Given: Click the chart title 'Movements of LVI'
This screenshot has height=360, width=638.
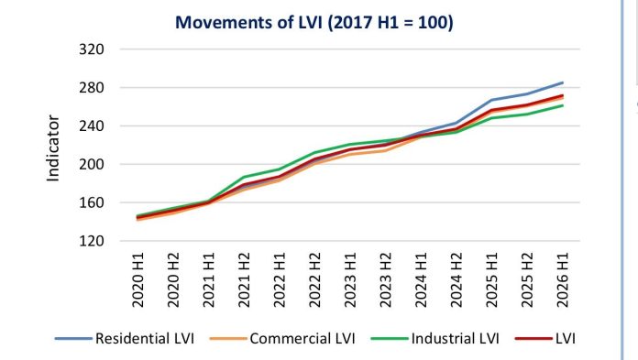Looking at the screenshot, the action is point(249,22).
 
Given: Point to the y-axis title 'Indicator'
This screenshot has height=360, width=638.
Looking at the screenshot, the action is point(53,148).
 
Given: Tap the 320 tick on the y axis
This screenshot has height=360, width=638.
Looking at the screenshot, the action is point(92,49).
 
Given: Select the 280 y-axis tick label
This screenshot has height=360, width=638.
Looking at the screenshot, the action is point(92,87).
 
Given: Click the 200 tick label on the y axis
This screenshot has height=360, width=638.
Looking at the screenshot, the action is point(92,164).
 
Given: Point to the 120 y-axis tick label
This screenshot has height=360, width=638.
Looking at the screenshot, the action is point(92,241).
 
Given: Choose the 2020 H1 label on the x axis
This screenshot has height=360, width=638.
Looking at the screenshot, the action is point(137,280).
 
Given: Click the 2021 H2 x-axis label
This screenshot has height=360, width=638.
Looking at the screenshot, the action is point(244,280).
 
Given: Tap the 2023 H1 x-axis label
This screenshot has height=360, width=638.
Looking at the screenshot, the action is point(350,280).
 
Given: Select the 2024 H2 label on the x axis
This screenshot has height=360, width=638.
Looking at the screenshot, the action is point(456,280).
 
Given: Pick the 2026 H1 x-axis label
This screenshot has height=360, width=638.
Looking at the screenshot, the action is point(563,280).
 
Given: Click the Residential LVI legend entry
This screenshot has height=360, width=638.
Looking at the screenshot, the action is point(125,338).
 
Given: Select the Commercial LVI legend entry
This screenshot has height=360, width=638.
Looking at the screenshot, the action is point(282,338).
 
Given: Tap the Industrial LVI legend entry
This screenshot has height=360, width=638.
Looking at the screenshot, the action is point(435,338).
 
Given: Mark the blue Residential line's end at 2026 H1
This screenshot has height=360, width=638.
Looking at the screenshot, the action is point(563,82).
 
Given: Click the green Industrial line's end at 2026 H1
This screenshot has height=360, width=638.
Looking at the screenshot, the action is point(563,105).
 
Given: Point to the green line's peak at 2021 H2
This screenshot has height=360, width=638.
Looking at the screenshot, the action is point(244,177).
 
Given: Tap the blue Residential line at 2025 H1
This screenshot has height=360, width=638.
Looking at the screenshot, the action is point(492,100).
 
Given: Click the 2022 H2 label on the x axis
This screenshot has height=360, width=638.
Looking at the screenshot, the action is point(315,280).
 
